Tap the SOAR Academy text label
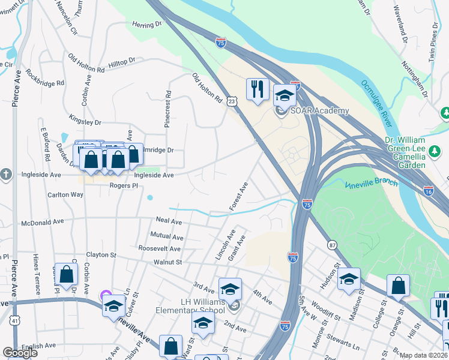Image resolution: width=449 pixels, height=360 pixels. pyautogui.click(x=320, y=111)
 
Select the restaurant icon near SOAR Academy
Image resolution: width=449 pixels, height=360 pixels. pyautogui.click(x=258, y=89)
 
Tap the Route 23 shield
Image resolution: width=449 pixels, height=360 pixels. pyautogui.click(x=233, y=103)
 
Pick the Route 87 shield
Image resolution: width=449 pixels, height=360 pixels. pyautogui.click(x=332, y=245)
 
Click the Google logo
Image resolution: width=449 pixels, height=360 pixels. pyautogui.click(x=20, y=353)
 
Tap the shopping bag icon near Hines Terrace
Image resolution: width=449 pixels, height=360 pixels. pyautogui.click(x=66, y=274)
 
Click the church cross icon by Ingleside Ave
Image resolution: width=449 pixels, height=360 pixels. pyautogui.click(x=5, y=173)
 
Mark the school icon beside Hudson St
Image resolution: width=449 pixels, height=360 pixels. pyautogui.click(x=349, y=278)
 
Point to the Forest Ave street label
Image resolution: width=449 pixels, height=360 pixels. pyautogui.click(x=238, y=196)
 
